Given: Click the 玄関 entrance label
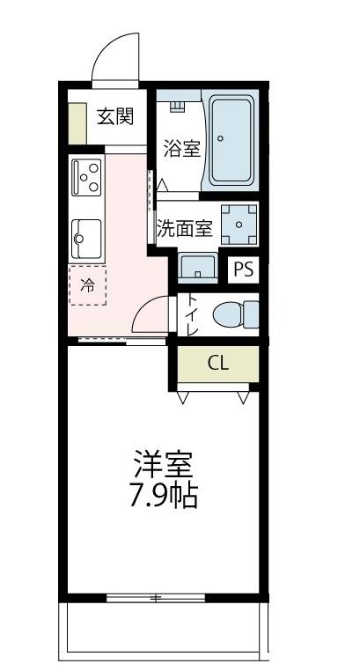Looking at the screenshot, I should (114, 116).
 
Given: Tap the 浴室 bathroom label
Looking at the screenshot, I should (181, 149).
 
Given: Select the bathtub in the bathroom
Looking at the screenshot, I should (231, 140).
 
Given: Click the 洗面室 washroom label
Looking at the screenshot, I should (185, 228).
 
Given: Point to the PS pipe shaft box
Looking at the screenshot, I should (244, 269).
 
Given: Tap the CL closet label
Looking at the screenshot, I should (218, 363).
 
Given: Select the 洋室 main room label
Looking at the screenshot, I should (163, 463).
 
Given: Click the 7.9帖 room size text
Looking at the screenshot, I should (163, 497).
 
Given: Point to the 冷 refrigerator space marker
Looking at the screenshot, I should (87, 284).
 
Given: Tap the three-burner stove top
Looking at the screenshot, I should (88, 178).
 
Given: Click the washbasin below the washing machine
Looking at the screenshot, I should (197, 266).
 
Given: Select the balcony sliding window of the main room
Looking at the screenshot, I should (157, 599).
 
